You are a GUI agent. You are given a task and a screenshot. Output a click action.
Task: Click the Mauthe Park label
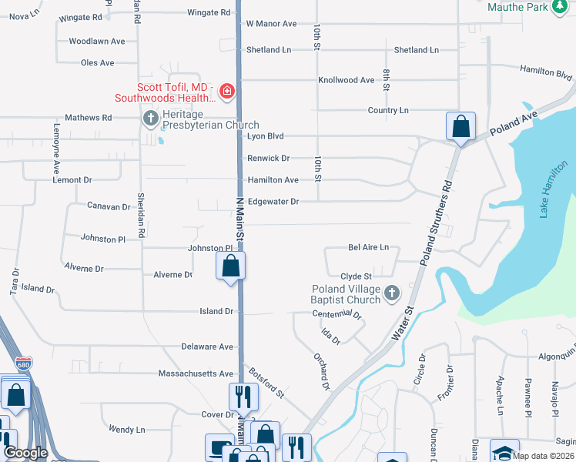pos(518,7)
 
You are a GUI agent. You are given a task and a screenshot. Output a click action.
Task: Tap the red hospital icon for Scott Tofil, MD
pos(226,92)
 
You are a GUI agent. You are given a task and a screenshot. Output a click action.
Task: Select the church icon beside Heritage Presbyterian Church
pos(150,119)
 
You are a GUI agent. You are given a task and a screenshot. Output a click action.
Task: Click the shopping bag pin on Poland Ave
pos(460,127)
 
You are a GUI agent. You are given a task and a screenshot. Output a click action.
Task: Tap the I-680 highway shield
pos(22,363)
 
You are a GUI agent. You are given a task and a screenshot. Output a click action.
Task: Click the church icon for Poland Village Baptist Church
pos(392,293)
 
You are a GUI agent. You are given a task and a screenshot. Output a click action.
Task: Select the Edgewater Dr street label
pos(273,202)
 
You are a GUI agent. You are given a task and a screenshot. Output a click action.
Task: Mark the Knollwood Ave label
pos(346,80)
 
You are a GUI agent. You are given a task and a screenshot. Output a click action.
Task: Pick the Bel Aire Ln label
pos(369,248)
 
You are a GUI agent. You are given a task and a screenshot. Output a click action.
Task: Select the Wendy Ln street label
pos(127,430)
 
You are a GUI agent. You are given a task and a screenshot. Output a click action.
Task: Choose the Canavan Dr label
pos(109,207)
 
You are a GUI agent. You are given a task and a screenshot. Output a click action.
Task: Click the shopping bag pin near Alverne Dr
pos(231,268)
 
